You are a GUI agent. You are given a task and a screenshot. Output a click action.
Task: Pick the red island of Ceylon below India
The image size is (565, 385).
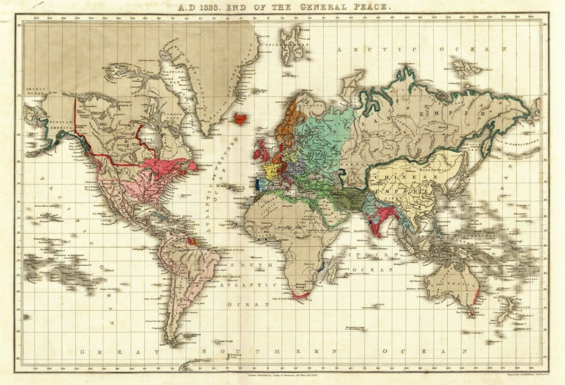[x=380, y=233]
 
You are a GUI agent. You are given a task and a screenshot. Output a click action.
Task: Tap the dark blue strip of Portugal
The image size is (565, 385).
[x=257, y=184]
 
